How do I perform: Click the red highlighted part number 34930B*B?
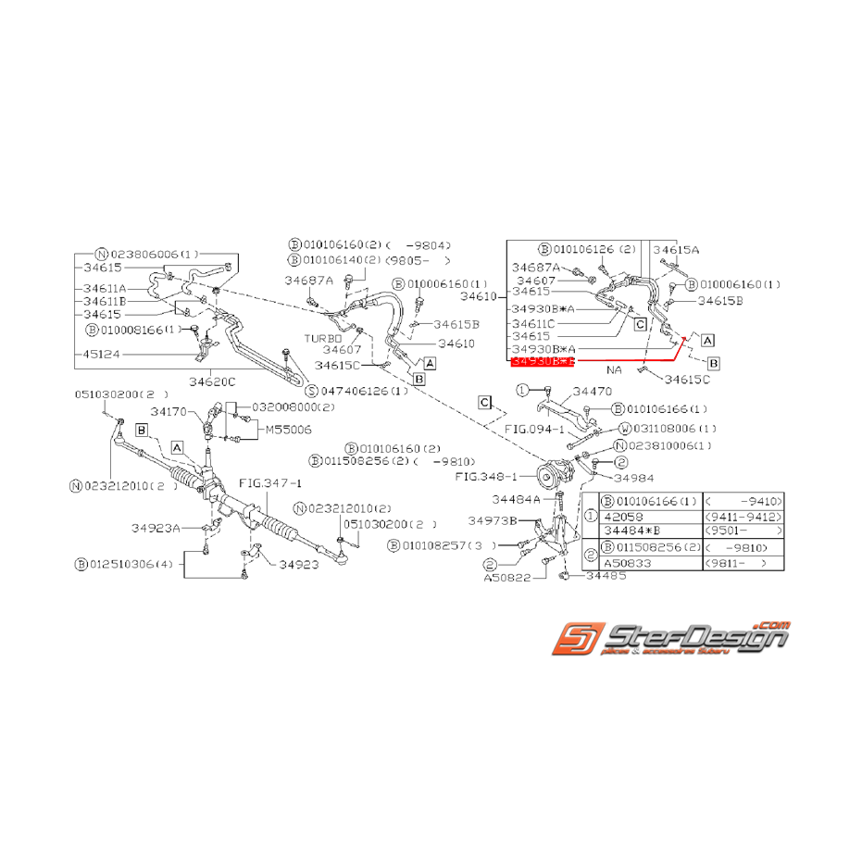pos(543,361)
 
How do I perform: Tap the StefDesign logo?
pos(670,638)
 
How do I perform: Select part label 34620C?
pos(212,381)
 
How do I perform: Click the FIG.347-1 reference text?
pos(270,482)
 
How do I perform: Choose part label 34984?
pos(633,478)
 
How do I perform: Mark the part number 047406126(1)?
pos(364,391)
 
